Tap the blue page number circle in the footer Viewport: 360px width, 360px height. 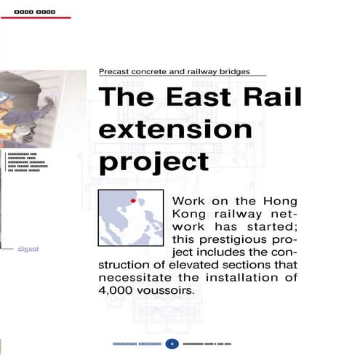[172, 343]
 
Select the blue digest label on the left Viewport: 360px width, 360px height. [28, 249]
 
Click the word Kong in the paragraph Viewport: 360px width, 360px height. [191, 214]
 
